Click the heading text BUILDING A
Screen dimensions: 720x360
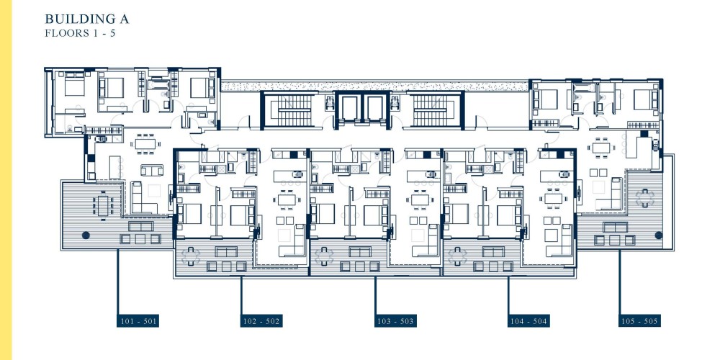coord(87,19)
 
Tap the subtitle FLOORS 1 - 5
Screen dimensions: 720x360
coord(80,34)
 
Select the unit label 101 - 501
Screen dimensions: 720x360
coord(138,321)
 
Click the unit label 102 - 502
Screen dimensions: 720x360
coord(261,321)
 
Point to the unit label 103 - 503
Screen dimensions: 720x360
coord(395,321)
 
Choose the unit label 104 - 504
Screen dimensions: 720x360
coord(528,321)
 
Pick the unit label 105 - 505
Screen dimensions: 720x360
coord(639,321)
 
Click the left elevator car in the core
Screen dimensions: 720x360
coord(349,109)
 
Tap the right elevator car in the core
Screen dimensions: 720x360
coord(375,109)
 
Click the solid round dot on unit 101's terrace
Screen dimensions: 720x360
coord(86,235)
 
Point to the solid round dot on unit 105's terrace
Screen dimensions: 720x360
coord(659,235)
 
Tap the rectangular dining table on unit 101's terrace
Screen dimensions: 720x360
coord(103,205)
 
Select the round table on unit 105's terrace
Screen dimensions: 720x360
coord(644,198)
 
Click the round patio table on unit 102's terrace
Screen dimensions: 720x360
coord(191,256)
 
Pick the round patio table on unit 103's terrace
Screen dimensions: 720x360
coord(324,256)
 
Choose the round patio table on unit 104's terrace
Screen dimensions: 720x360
coord(457,256)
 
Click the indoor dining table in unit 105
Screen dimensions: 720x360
coord(601,148)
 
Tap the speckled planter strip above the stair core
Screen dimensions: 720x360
coord(374,86)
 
